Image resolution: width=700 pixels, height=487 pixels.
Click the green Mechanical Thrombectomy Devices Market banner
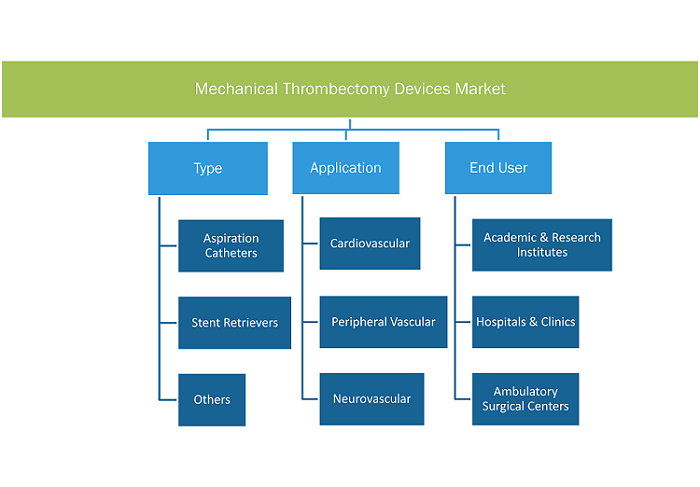pos(350,89)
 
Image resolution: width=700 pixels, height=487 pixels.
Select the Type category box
pos(208,168)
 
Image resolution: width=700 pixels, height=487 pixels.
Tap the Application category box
pos(346,168)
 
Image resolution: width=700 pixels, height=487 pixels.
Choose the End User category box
pos(498,168)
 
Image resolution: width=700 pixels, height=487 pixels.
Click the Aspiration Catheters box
pos(231,246)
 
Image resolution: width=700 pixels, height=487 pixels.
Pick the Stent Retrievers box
pos(234,323)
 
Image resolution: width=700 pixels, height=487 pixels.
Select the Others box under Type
pos(212,400)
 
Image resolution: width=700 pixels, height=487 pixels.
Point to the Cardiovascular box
pos(370,243)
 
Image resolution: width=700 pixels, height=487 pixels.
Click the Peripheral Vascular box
pos(383,322)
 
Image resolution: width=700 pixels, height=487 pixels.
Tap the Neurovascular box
pos(372,399)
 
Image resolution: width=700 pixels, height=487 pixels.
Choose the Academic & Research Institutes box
pos(542,245)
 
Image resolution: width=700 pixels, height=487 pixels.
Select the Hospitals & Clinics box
pos(525,322)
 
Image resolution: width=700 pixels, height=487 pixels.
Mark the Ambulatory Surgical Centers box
pos(525,399)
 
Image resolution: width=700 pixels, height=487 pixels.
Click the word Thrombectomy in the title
pos(336,89)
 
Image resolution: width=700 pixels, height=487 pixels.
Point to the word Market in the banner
pos(480,89)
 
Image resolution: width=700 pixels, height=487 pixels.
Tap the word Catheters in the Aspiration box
pos(231,253)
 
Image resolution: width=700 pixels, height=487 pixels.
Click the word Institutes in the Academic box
pos(542,252)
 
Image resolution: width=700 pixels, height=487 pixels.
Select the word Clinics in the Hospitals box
pos(558,322)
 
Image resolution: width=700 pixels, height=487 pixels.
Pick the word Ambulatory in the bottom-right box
pos(525,391)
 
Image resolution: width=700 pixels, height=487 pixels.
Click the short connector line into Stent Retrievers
pos(168,322)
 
